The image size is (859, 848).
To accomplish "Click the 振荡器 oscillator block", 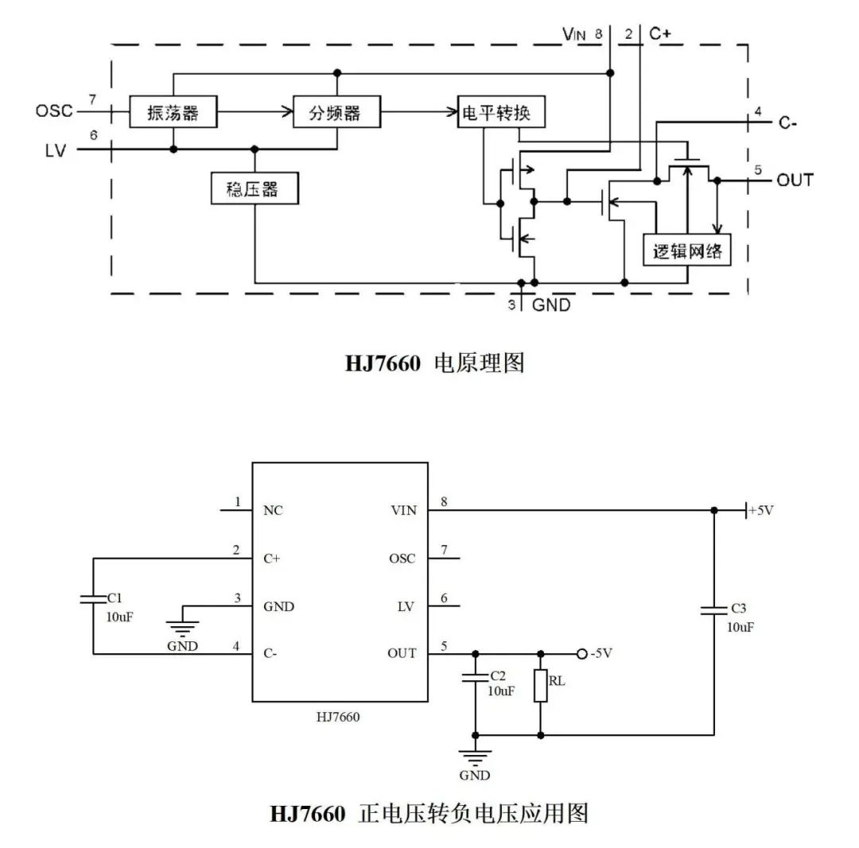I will point(173,113).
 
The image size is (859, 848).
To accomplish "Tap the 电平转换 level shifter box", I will point(503,113).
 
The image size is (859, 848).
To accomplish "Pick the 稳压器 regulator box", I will point(255,189).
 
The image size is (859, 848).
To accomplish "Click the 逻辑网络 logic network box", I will point(687,250).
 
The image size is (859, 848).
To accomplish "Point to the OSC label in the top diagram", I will point(54,110).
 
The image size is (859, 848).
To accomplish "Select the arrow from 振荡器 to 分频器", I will point(255,113).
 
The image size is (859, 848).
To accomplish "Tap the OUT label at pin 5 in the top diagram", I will point(795,180).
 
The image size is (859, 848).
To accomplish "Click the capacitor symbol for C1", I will point(93,598).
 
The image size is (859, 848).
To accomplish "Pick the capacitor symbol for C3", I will point(713,610).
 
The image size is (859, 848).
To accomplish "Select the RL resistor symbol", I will point(541,685).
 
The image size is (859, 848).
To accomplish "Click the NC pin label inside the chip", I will point(273,510).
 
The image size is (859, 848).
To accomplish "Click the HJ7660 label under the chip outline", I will point(338,716).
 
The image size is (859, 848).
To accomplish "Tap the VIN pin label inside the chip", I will point(403,510).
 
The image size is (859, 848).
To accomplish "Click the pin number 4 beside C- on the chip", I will point(236,645).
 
